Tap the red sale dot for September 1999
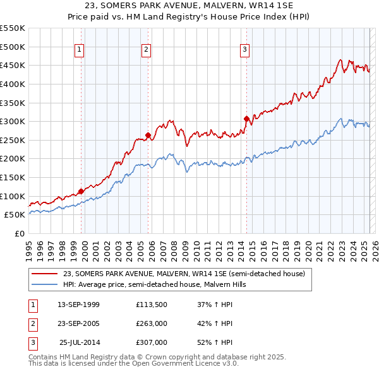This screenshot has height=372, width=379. pyautogui.click(x=81, y=191)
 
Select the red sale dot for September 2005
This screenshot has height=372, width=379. pyautogui.click(x=148, y=135)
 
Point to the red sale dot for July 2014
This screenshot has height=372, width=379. pyautogui.click(x=246, y=119)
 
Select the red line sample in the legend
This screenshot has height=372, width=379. pyautogui.click(x=44, y=274)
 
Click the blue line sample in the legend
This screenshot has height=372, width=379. pyautogui.click(x=44, y=284)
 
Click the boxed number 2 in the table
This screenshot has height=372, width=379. pyautogui.click(x=32, y=324)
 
